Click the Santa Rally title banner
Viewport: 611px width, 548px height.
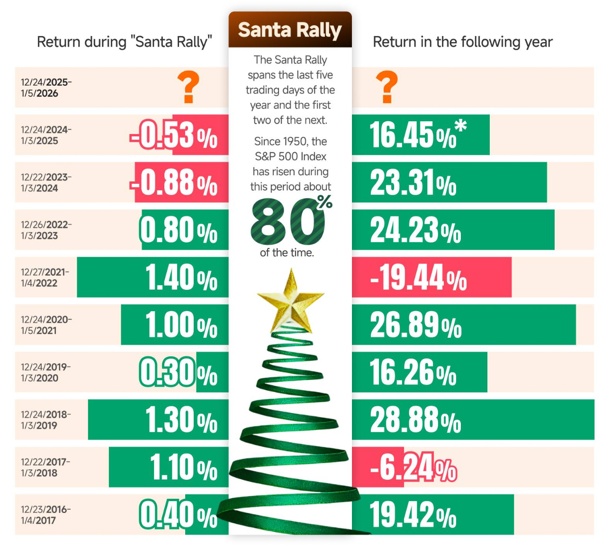(290, 30)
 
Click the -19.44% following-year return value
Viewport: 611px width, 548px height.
(418, 278)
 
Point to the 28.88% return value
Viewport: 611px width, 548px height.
(415, 420)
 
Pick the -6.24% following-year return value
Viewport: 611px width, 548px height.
(413, 467)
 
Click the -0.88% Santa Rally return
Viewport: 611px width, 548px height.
(174, 183)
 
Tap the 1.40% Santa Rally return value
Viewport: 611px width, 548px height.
(181, 278)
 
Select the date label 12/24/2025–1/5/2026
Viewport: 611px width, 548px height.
(46, 88)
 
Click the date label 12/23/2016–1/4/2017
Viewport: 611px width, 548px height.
(45, 515)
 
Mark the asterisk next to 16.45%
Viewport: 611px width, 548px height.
(460, 126)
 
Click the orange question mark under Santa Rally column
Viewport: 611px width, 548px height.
(188, 87)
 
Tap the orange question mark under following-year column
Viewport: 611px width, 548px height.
(386, 87)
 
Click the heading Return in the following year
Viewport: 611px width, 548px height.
(462, 42)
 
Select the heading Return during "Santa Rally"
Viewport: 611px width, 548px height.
(124, 42)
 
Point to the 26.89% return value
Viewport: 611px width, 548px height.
(415, 325)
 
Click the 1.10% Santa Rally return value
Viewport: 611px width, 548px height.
(183, 467)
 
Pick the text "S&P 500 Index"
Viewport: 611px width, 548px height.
(290, 156)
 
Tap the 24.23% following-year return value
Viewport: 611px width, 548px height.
(415, 230)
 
